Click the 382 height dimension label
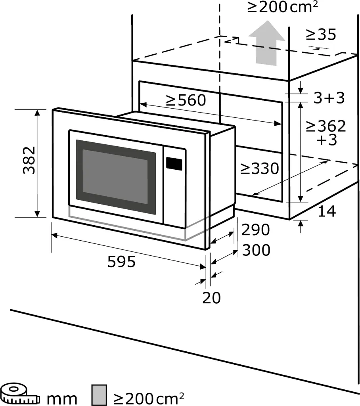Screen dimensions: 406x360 pyautogui.click(x=29, y=161)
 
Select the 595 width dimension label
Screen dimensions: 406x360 pyautogui.click(x=122, y=262)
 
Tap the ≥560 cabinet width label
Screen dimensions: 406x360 pyautogui.click(x=186, y=100)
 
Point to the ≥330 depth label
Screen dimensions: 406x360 pyautogui.click(x=259, y=169)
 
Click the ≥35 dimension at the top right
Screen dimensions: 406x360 pyautogui.click(x=321, y=35)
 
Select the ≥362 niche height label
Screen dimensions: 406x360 pyautogui.click(x=326, y=126)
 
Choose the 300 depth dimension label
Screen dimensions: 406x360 pyautogui.click(x=256, y=251)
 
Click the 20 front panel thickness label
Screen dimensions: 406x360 pyautogui.click(x=211, y=297)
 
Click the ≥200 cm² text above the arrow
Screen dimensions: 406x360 pyautogui.click(x=282, y=7)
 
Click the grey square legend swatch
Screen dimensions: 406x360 pyautogui.click(x=99, y=395)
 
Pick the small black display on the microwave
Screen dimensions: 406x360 pyautogui.click(x=174, y=163)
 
